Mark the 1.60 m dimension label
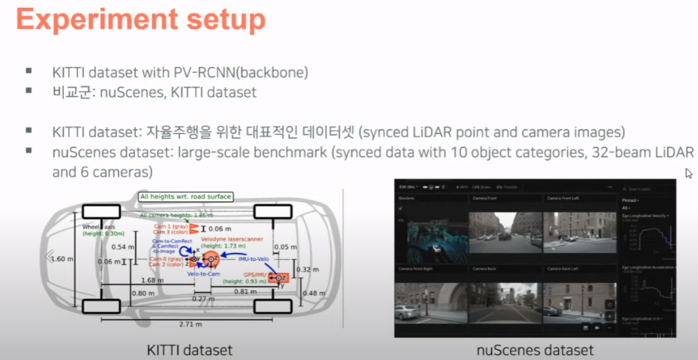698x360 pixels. coord(61,258)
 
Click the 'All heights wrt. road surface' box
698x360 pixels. coord(186,196)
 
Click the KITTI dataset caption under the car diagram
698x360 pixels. coord(189,349)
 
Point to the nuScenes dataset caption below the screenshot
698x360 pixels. coord(534,350)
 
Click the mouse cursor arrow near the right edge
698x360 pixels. coord(689,173)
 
